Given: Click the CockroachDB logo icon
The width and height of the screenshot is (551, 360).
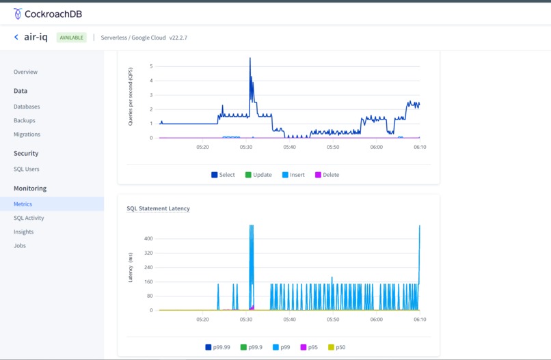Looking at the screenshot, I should click(x=18, y=13).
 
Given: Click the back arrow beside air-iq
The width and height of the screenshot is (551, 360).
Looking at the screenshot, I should click(x=16, y=38).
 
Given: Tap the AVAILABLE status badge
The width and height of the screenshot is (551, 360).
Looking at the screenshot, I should click(x=71, y=38).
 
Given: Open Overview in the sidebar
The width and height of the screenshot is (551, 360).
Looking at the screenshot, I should click(x=25, y=72).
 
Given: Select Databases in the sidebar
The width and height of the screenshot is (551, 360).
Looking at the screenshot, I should click(x=27, y=107).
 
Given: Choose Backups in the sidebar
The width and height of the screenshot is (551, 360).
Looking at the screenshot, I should click(x=25, y=120).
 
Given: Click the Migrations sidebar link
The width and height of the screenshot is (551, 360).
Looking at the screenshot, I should click(x=27, y=135).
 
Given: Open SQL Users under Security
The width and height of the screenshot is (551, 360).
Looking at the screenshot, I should click(x=27, y=169).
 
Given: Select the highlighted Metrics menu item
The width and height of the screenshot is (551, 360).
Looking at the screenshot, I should click(x=23, y=204).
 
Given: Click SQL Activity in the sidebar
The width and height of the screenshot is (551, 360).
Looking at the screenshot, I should click(x=29, y=218).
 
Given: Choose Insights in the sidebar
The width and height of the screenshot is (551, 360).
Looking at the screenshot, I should click(x=23, y=232).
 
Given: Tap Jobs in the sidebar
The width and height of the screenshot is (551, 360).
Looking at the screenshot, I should click(x=20, y=245).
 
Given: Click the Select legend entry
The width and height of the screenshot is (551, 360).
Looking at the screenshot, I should click(x=223, y=175).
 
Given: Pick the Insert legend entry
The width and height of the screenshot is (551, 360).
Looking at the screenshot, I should click(x=293, y=175).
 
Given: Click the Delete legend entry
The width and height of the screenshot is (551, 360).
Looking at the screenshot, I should click(x=327, y=175).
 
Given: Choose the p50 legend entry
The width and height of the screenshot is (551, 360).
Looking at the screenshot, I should click(x=336, y=348).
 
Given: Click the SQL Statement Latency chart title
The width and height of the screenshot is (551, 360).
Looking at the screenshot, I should click(x=158, y=208).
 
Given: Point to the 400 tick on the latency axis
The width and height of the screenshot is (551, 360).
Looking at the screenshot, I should click(x=148, y=238).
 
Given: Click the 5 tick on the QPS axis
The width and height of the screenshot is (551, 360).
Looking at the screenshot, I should click(x=151, y=66).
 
